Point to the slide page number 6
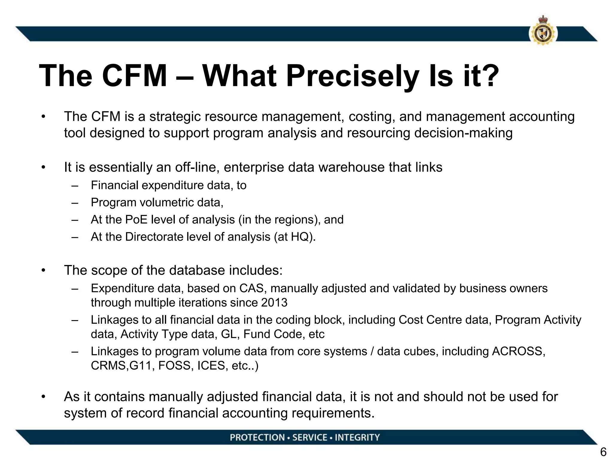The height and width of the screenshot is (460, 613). tap(603, 452)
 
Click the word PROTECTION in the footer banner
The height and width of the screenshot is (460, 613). tap(257, 438)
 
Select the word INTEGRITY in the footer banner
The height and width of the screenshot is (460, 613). tap(357, 438)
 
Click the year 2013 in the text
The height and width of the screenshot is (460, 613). tap(274, 303)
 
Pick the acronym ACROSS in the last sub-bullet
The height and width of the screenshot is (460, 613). tap(518, 351)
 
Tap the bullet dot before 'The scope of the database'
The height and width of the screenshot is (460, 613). tap(44, 270)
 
